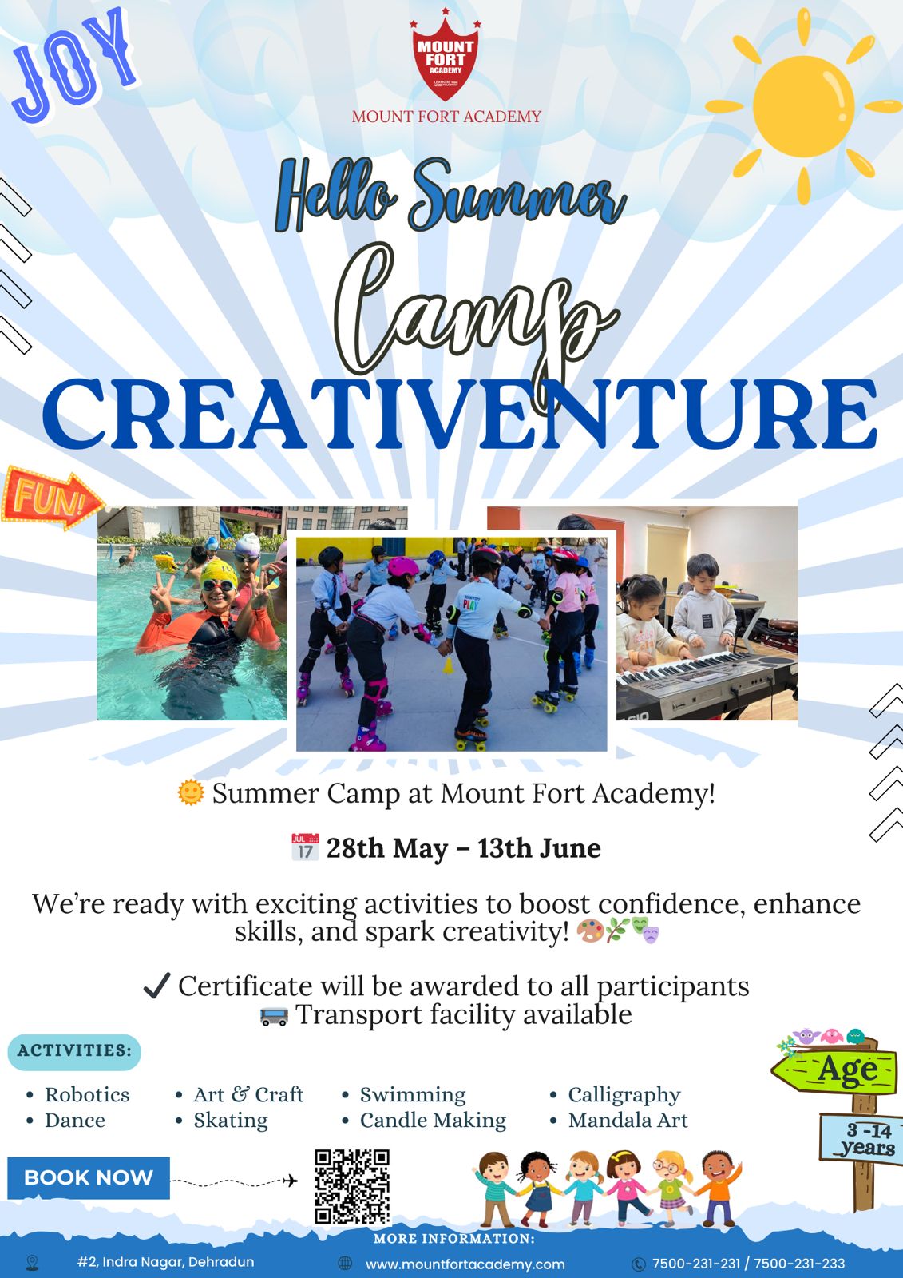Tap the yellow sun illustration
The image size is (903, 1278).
803,106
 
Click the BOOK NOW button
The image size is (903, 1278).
89,1177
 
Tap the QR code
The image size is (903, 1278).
352,1187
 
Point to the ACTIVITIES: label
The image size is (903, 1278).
74,1050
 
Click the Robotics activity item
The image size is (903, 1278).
87,1095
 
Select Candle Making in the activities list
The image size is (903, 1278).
433,1121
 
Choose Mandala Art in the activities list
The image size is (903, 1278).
628,1121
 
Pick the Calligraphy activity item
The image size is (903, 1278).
624,1095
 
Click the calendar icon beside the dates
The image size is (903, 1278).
305,847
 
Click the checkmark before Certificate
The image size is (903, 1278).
156,986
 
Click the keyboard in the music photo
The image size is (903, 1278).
707,684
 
